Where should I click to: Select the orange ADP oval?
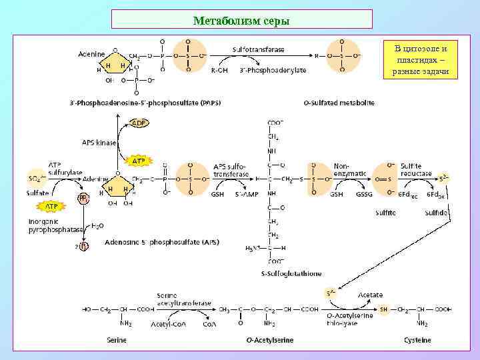click(x=139, y=123)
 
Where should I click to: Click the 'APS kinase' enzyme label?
click(x=99, y=142)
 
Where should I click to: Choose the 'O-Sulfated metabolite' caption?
click(x=339, y=103)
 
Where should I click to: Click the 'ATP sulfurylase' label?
click(x=65, y=168)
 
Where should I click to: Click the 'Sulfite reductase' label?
click(x=416, y=169)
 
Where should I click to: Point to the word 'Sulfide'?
click(x=436, y=213)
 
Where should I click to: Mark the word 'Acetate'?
click(x=370, y=294)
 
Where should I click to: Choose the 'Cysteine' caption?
click(x=417, y=340)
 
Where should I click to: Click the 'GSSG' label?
click(x=365, y=195)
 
